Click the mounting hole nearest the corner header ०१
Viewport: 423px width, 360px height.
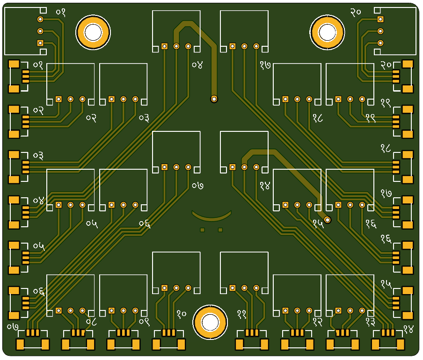click(x=93, y=32)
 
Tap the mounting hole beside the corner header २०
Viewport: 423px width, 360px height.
click(x=327, y=32)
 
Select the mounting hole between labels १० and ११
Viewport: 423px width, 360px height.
click(x=210, y=322)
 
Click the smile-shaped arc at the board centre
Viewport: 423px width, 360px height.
click(x=212, y=216)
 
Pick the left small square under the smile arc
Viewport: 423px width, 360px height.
click(x=203, y=230)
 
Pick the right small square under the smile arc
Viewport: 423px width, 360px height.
click(x=220, y=230)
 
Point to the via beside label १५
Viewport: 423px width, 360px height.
click(x=328, y=219)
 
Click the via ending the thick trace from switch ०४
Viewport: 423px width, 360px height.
click(x=214, y=99)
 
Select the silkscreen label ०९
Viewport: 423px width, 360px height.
click(x=144, y=322)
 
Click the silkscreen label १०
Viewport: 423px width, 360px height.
click(x=182, y=313)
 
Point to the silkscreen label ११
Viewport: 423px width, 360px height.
click(x=242, y=313)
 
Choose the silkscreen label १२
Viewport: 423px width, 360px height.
click(x=318, y=322)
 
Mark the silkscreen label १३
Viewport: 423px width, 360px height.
click(x=371, y=322)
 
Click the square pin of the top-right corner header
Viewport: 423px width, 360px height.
click(x=380, y=19)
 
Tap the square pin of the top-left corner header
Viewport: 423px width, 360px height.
click(x=40, y=43)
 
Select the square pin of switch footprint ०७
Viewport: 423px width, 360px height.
click(x=164, y=167)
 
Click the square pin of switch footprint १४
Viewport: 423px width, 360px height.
click(x=232, y=167)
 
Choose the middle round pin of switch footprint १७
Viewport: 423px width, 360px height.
click(x=244, y=46)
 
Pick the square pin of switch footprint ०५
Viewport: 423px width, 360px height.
click(x=58, y=205)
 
